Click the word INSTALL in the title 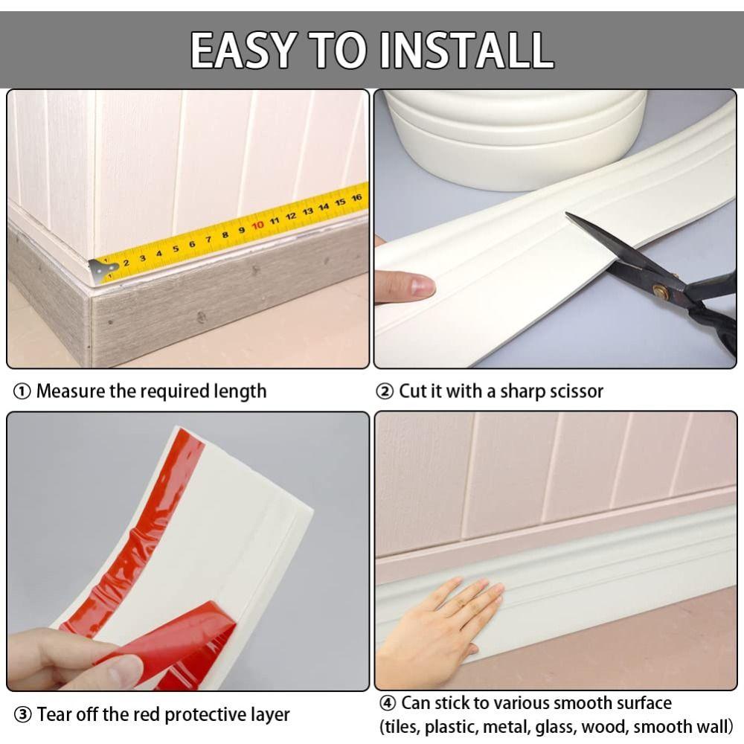pos(466,51)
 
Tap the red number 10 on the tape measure pos(257,225)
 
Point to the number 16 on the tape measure pos(356,198)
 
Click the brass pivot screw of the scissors pos(660,290)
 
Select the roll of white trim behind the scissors pos(513,134)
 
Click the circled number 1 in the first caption pos(22,391)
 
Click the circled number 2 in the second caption pos(385,391)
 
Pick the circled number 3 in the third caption pos(24,716)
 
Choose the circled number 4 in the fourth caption pos(388,703)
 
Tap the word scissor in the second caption pos(576,391)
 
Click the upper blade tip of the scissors pos(569,217)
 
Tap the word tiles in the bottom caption pos(401,726)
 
